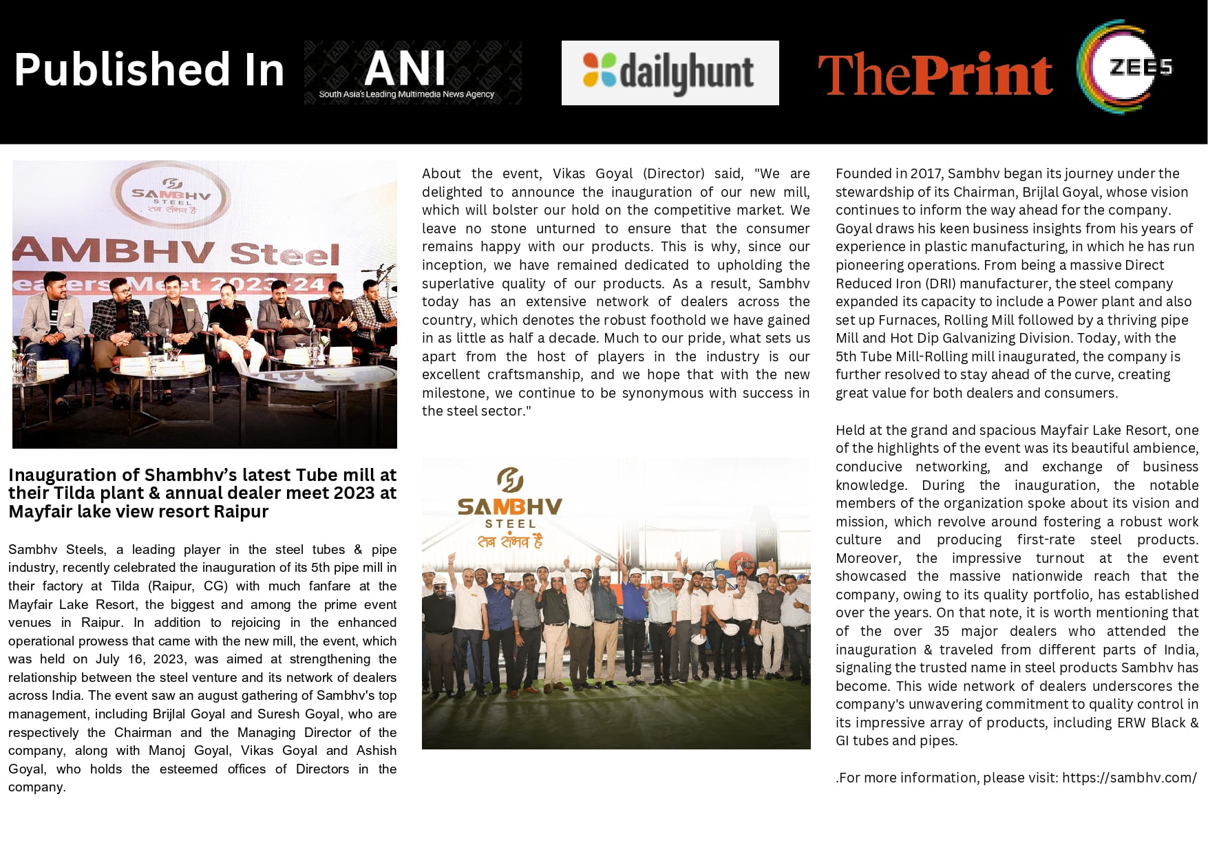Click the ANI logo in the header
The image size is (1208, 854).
pyautogui.click(x=412, y=72)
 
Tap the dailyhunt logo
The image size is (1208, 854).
pyautogui.click(x=670, y=73)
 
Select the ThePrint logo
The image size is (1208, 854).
pyautogui.click(x=935, y=74)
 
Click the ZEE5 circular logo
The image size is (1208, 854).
pyautogui.click(x=1125, y=67)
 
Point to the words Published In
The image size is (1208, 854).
pyautogui.click(x=149, y=70)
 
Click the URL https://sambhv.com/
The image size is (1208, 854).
pyautogui.click(x=1129, y=778)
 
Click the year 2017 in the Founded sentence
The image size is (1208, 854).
pyautogui.click(x=926, y=173)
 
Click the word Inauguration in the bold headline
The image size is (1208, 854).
pyautogui.click(x=63, y=476)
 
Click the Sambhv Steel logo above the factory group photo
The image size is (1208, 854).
pyautogui.click(x=510, y=508)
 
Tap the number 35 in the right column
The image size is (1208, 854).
pyautogui.click(x=941, y=631)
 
